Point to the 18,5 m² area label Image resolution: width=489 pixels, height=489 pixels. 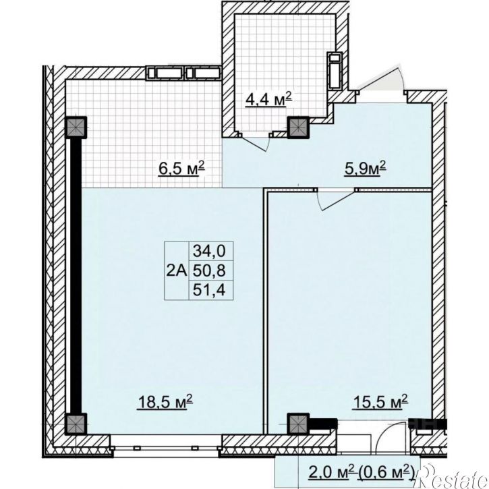click(x=165, y=401)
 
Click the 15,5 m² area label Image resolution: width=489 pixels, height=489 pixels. click(x=380, y=401)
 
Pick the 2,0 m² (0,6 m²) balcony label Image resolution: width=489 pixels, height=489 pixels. click(x=361, y=472)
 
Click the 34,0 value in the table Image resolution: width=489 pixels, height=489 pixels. click(x=209, y=251)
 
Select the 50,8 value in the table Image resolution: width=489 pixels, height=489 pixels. click(x=209, y=270)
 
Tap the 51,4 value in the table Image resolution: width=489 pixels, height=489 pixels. click(x=209, y=290)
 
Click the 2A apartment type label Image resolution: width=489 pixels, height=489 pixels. click(x=176, y=270)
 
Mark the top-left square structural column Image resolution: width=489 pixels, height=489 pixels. click(x=76, y=127)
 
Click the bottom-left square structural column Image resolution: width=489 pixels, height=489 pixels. click(x=76, y=424)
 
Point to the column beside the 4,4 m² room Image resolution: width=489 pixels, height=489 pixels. click(x=297, y=127)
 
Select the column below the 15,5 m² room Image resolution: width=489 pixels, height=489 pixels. click(x=297, y=424)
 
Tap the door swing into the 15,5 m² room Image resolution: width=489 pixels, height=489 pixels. click(x=336, y=200)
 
